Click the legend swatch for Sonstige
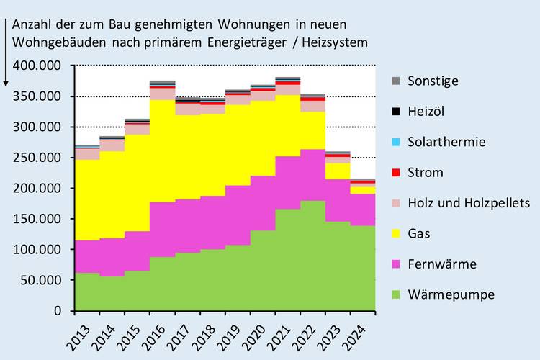coord(395,81)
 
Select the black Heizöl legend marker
coord(395,112)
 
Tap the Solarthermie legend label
coord(446,142)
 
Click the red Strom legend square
coord(395,173)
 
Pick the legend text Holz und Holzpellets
coord(468,203)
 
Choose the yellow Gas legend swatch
coord(395,234)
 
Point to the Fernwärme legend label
coord(441,264)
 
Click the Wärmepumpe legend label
coord(450,294)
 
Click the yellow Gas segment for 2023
coord(338,171)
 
